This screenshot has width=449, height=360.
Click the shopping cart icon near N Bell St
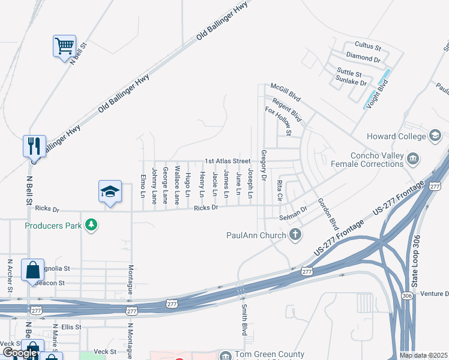(64, 46)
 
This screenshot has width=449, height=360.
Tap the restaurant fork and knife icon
(34, 145)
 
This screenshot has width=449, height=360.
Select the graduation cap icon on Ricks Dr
(110, 191)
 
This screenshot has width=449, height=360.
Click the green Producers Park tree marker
(91, 225)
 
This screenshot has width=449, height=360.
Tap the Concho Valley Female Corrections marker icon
(413, 158)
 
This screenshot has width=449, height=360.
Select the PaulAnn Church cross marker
(295, 235)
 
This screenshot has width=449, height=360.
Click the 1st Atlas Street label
(228, 161)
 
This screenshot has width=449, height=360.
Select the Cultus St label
(368, 46)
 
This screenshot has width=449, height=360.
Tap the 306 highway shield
(408, 295)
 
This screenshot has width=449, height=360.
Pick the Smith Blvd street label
(245, 321)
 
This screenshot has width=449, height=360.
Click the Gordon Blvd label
(328, 212)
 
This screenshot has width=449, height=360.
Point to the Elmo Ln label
(143, 186)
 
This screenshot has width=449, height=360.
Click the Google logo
(20, 353)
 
